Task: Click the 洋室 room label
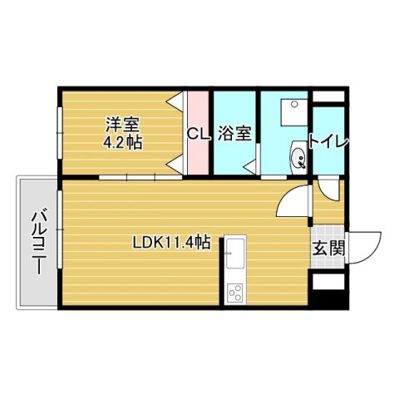click(x=121, y=126)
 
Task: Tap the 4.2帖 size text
click(x=123, y=142)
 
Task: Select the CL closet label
click(x=196, y=133)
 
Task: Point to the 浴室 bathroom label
click(x=235, y=133)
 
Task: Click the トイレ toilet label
click(x=328, y=140)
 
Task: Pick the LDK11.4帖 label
click(x=171, y=244)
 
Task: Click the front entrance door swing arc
click(x=366, y=244)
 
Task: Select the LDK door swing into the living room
click(x=293, y=202)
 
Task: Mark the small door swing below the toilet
click(x=328, y=188)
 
